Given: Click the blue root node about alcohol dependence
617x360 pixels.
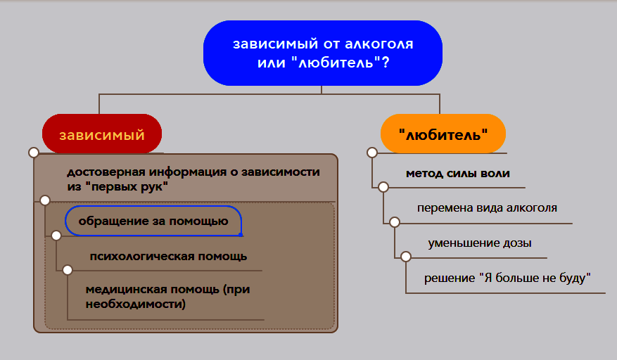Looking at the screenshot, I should (x=323, y=53).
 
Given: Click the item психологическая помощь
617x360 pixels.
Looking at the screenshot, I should (x=168, y=256).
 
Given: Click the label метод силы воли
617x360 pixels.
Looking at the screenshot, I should (x=457, y=173).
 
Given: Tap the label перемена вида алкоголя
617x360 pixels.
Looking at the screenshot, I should (x=487, y=208).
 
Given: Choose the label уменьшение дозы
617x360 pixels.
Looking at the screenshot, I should (x=479, y=243).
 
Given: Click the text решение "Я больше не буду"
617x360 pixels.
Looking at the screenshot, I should (x=507, y=278).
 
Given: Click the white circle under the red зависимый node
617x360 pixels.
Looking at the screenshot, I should (x=33, y=153).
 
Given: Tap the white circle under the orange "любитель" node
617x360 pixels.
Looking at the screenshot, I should (x=371, y=153).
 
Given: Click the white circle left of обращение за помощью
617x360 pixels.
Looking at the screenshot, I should (x=45, y=200).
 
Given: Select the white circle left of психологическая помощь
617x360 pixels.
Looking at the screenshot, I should (x=56, y=236).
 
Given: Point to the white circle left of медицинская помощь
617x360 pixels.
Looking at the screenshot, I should (x=68, y=269).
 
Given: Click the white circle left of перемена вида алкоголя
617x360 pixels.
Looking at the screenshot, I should (x=383, y=187).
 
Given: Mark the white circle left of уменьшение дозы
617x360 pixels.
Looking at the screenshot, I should (x=395, y=222).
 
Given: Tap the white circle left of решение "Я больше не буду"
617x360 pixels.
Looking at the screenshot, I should (x=406, y=257).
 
